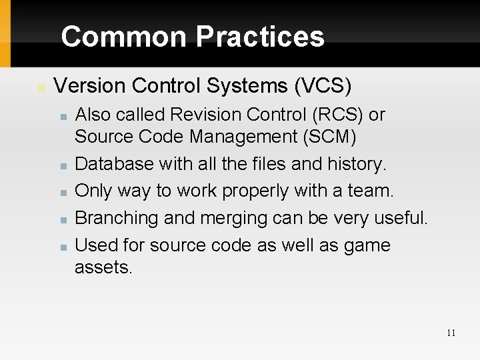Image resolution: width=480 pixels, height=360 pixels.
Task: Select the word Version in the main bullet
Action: point(85,87)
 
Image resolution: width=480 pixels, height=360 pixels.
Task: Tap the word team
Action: point(370,191)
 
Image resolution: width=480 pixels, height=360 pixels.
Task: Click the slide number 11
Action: point(451,333)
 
